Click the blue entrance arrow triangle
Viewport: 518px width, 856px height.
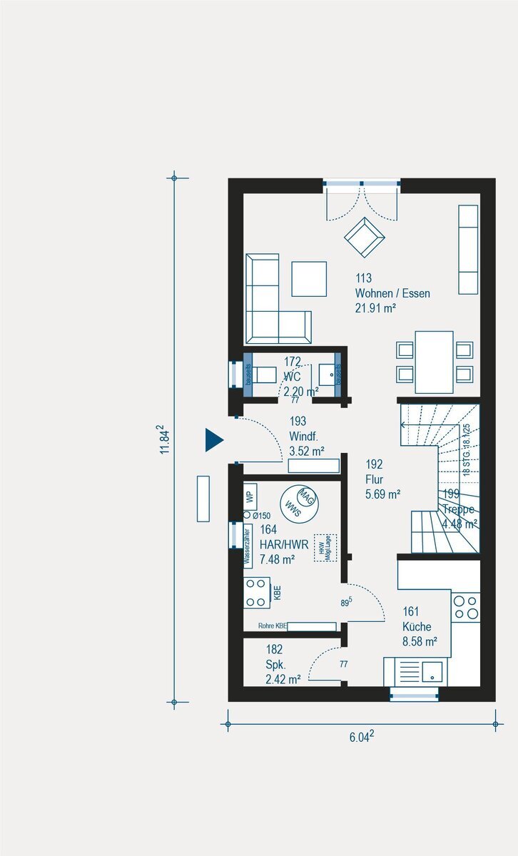tap(213, 439)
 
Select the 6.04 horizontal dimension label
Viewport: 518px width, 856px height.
tap(362, 737)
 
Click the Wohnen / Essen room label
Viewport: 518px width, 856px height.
tap(392, 293)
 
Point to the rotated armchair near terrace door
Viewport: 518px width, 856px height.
tap(365, 237)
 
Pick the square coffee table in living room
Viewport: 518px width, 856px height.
tap(309, 278)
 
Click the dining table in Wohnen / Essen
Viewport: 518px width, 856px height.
tap(434, 362)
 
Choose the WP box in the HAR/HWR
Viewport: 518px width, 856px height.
tap(250, 496)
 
